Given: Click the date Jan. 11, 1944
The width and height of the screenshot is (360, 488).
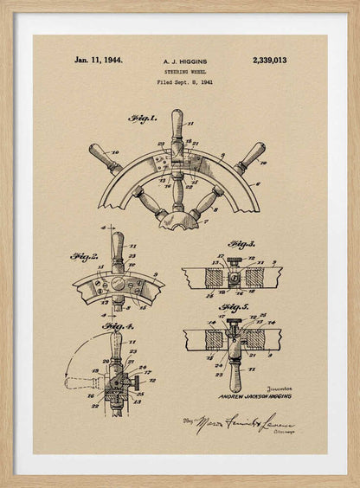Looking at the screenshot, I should pos(98,61).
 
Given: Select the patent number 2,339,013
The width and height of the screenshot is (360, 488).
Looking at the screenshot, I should pos(269,61).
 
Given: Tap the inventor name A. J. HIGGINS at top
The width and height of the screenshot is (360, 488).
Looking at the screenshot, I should pos(184,61).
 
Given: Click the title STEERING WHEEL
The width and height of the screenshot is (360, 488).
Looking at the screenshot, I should pos(184,72).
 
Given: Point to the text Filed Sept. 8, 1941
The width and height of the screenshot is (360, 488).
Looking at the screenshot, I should pos(184,82).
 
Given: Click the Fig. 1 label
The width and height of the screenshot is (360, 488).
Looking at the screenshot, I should pos(142,119).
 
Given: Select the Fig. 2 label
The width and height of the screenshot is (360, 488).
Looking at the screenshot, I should pos(83,257).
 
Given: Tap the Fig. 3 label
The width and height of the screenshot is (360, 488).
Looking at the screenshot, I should pos(241,245).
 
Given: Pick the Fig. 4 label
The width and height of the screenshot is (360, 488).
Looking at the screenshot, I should pos(118,326).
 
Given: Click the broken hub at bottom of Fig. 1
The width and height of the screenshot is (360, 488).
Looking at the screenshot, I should pos(178,220).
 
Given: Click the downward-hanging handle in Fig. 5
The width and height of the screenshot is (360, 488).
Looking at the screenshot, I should pos(235,374).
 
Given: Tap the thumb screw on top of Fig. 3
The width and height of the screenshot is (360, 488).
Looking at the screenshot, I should pos(234,261).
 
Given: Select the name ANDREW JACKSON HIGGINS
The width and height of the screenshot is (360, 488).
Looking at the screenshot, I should pos(254,396).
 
